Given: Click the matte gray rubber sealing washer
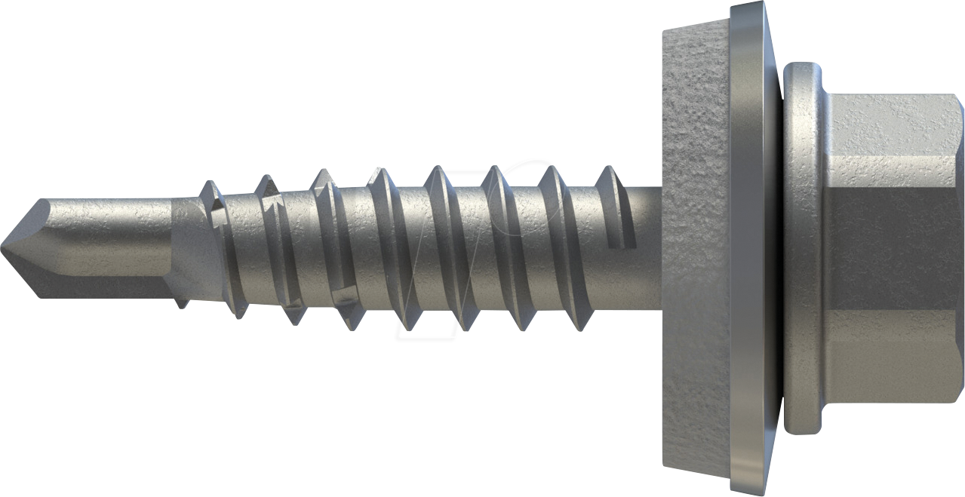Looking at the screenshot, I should pos(694,249).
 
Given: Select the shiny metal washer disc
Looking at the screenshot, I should pos(747,249).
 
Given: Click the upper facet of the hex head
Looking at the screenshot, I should pos(890,124).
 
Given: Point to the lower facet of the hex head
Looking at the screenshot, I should pos(890,370).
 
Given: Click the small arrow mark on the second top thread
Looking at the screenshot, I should pos(273,201).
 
